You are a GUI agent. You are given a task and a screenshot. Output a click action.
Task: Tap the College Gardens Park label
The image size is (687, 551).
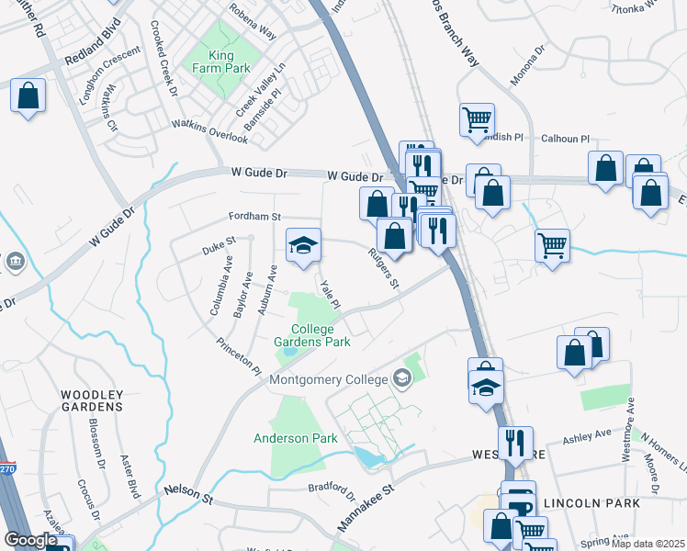[x=312, y=335]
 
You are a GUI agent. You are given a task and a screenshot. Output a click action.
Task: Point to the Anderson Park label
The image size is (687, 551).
[x=296, y=438]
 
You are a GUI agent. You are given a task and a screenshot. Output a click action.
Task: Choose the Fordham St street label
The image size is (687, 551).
[x=254, y=217]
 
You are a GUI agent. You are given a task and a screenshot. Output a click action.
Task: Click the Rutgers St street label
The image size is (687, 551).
[x=383, y=270]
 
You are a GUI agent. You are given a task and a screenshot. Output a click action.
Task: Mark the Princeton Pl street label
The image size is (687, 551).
[x=239, y=356]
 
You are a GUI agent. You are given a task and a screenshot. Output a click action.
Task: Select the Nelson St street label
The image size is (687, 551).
[x=187, y=493]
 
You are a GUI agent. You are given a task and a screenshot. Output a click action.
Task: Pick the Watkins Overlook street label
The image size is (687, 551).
[x=209, y=131]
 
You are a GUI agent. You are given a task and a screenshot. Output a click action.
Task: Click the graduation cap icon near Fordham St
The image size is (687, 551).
[x=304, y=246]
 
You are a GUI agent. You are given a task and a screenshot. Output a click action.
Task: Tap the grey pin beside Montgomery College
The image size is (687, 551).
[x=400, y=377]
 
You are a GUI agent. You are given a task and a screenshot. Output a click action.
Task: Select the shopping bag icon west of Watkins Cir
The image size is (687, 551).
[x=28, y=96]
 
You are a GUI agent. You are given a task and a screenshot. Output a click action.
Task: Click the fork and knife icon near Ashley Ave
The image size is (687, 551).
[x=515, y=442]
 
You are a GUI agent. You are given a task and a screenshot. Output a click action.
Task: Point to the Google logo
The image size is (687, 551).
[x=30, y=540]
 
